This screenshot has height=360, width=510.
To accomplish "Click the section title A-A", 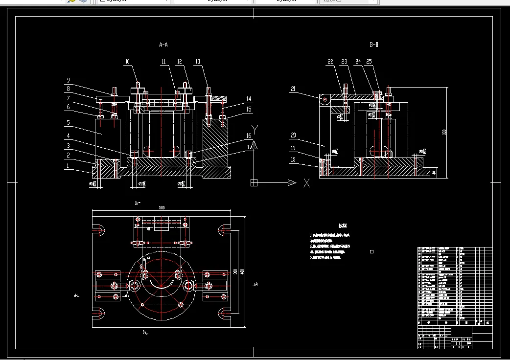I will point(163,45).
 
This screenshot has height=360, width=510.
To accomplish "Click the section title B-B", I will point(374,45).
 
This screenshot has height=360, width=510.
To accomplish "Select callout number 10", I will point(127,62).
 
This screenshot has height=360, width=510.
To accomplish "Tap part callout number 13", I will point(198,62).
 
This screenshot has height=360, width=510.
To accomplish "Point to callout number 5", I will point(69,123).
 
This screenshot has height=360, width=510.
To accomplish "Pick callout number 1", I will point(69,166).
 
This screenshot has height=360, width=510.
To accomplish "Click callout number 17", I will point(249,146).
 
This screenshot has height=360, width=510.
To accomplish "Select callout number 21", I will point(293,89).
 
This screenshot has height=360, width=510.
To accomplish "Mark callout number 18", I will point(293,159).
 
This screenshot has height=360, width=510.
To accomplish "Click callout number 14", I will point(249,99).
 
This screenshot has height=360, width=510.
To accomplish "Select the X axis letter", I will point(307,183).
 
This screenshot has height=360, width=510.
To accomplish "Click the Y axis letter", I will point(255,130).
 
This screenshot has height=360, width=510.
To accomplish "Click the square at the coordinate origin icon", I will point(254,182).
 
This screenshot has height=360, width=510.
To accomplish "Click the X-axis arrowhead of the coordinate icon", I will point(292,182).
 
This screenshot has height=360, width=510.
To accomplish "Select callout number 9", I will point(69,80).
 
